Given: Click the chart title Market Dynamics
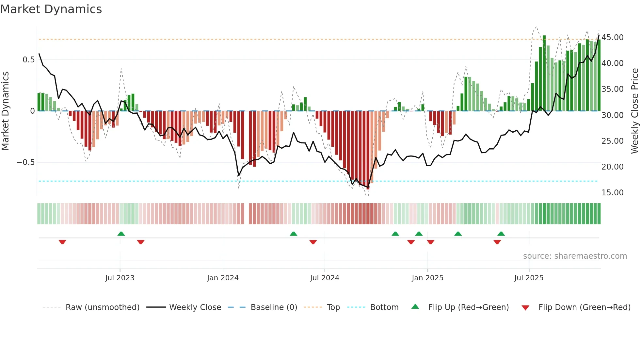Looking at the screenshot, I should coord(51,9).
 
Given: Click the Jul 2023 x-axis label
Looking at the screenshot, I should coord(120,278).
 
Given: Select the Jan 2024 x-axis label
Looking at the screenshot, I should coord(223,278).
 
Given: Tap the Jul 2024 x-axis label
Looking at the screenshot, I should coord(325,278).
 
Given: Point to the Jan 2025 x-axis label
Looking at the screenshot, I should coord(427,278).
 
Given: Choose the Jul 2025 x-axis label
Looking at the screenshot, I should coord(529,278).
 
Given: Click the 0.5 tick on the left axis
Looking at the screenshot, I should coord(28,60).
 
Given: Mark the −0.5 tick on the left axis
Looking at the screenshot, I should coord(25,162).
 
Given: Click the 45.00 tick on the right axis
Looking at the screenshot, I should coord(613,38).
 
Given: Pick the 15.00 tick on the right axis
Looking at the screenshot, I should coord(613,193).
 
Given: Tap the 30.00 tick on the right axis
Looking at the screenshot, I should coord(613,115).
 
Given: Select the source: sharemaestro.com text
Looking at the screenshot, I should coord(575,256).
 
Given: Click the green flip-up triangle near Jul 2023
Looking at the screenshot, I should coord(121,234).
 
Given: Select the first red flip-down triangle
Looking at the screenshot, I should coord(62,242).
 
